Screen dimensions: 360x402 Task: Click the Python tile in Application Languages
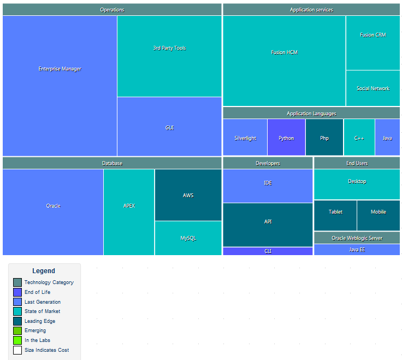286,138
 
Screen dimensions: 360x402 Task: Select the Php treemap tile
324,138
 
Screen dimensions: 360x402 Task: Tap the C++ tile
359,138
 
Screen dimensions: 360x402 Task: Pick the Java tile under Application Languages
387,138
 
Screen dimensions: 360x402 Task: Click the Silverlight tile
245,138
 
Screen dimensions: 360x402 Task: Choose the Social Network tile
373,88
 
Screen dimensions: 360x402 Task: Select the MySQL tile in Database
188,238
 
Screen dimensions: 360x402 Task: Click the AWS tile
188,195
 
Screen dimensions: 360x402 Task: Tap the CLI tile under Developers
268,251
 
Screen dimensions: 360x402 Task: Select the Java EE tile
357,250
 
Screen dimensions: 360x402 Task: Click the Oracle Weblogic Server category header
357,238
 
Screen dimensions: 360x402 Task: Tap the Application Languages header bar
311,114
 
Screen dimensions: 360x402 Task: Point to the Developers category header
268,163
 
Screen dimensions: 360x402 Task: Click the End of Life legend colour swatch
17,292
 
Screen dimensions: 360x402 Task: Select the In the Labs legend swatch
17,340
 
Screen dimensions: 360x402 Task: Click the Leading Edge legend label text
40,321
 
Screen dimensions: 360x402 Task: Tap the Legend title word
44,271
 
